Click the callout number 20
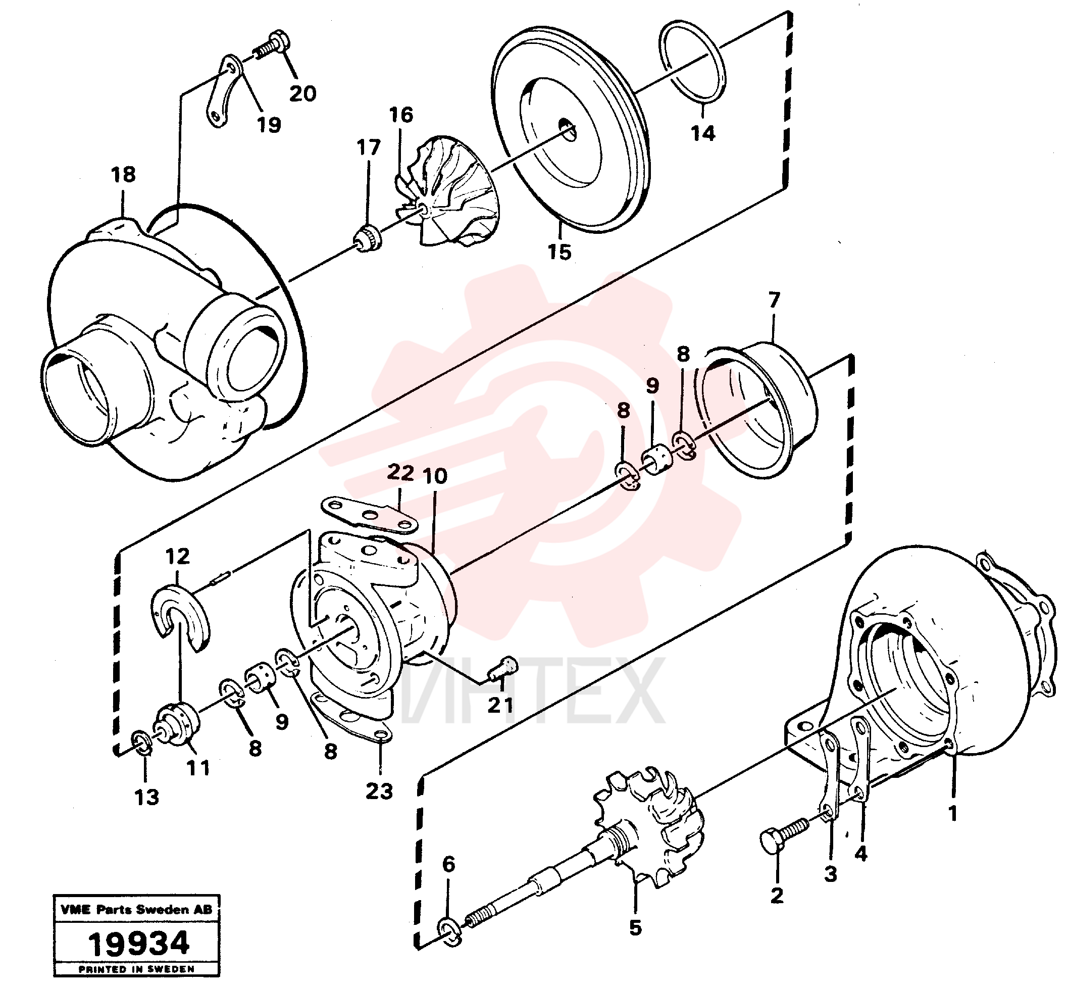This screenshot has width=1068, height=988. [302, 93]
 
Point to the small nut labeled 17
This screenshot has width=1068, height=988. [368, 238]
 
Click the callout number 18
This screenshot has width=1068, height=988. [123, 174]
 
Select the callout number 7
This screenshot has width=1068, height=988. [774, 300]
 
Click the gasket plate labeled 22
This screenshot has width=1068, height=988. [369, 514]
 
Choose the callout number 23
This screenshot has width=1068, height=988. [379, 791]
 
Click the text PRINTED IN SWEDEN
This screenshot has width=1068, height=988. [136, 969]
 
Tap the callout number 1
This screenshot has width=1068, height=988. [952, 814]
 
